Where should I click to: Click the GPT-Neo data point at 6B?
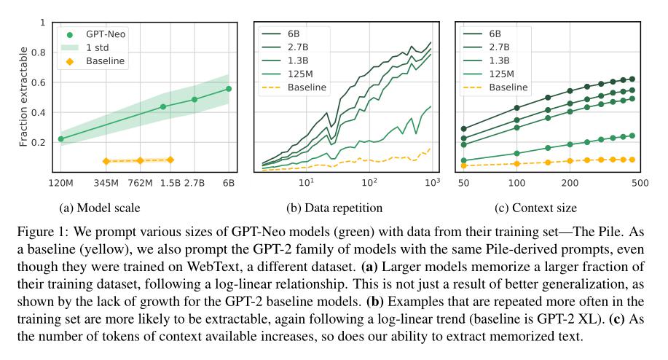coord(228,89)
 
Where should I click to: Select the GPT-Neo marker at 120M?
coord(60,138)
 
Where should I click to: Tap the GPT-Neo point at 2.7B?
coord(194,99)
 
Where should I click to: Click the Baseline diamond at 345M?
coord(106,161)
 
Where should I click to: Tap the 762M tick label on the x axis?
coord(140,182)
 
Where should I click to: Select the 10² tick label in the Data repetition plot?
coord(370,182)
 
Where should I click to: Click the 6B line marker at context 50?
coord(463,128)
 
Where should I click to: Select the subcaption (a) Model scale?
coord(100,208)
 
